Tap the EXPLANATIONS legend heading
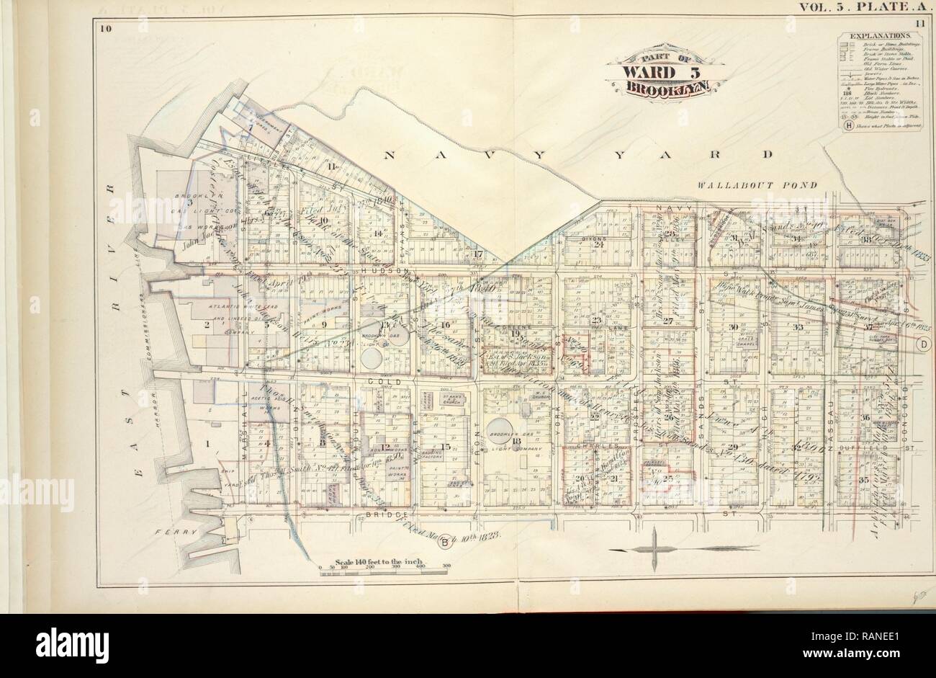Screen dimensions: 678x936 click(x=880, y=35)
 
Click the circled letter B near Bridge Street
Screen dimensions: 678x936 click(x=445, y=542)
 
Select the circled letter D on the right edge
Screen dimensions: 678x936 click(x=921, y=345)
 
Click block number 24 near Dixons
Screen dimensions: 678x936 click(x=598, y=243)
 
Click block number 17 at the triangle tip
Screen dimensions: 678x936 click(x=477, y=254)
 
